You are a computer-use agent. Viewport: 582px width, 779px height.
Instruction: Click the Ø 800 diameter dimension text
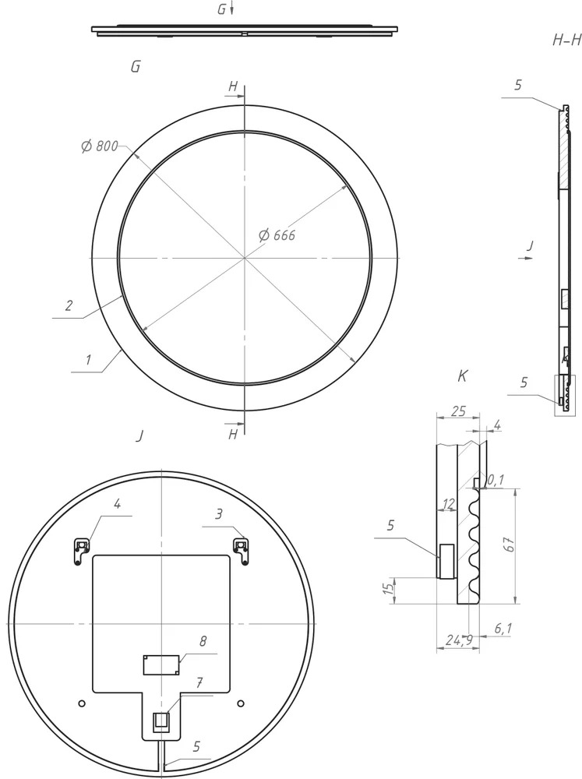click(99, 146)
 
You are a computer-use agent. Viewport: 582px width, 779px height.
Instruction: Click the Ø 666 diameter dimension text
click(277, 234)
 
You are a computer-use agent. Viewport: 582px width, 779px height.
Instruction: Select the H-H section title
click(566, 41)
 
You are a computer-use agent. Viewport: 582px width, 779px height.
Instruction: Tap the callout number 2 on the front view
click(69, 305)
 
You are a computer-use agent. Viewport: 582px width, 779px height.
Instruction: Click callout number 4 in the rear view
click(117, 504)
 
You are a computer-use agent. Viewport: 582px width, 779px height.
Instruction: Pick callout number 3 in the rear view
click(218, 515)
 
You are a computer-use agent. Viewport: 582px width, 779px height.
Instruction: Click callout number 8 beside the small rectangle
click(203, 641)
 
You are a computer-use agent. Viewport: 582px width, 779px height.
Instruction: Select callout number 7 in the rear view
click(199, 682)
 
